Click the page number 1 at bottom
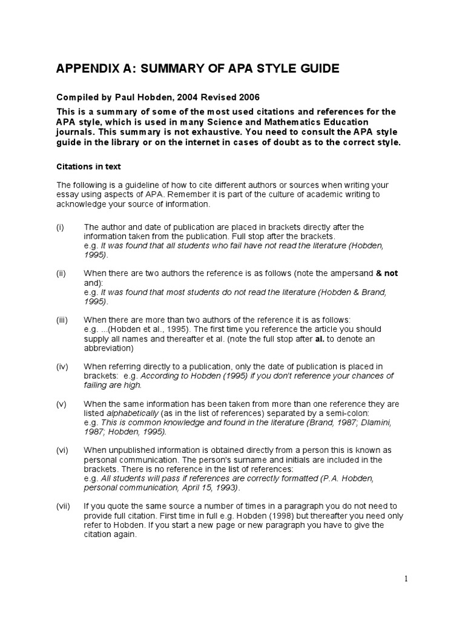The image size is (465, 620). (406, 579)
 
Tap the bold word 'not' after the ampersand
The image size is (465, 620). (391, 273)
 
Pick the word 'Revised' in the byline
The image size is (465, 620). (208, 97)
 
